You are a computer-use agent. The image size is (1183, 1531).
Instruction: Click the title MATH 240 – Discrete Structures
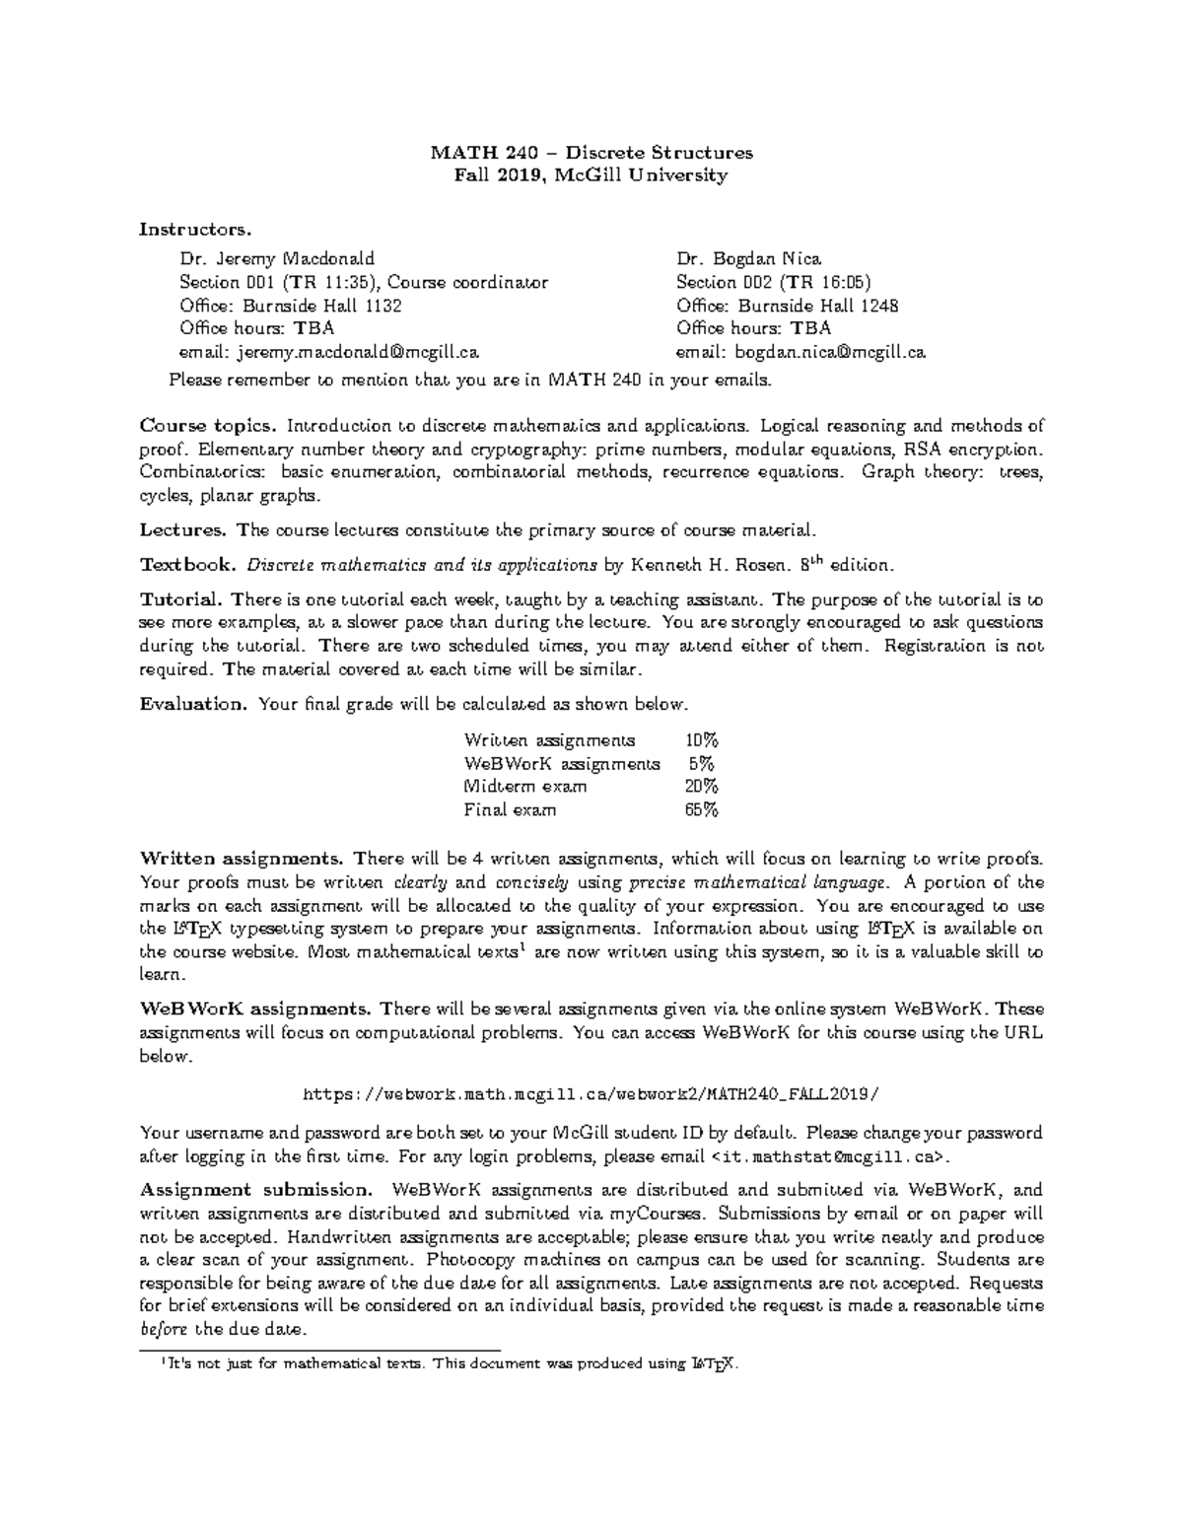(x=591, y=153)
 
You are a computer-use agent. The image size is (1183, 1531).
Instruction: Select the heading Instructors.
(x=195, y=230)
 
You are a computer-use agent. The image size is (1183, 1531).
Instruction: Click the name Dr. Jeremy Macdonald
(x=277, y=259)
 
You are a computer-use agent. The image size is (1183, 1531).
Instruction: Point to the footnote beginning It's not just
(x=449, y=1364)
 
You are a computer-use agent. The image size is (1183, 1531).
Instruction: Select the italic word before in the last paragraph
(x=165, y=1329)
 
